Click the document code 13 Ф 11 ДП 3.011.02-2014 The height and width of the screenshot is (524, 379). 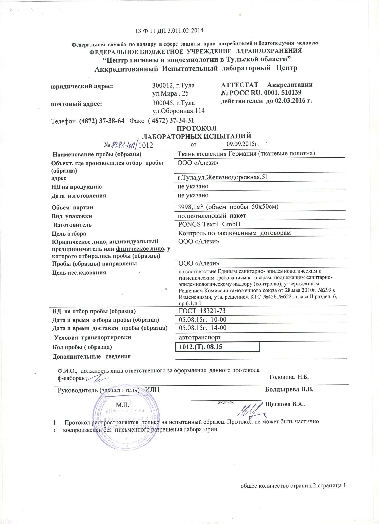coord(169,31)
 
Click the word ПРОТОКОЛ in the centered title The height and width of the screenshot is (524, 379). coord(197,128)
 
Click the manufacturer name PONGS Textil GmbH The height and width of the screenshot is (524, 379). coord(209,224)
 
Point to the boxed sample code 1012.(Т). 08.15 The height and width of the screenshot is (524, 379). coord(201,347)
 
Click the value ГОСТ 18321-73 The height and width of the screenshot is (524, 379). coord(202,311)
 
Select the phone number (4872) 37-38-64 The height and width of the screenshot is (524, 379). coord(102,121)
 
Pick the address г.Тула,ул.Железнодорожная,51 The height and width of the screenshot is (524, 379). coord(223,177)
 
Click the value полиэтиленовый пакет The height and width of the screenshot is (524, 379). coord(212,216)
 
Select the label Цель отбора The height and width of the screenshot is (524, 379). coord(69,234)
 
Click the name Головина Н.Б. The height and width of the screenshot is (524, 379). coord(289,377)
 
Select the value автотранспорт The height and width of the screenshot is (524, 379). coord(200,337)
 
